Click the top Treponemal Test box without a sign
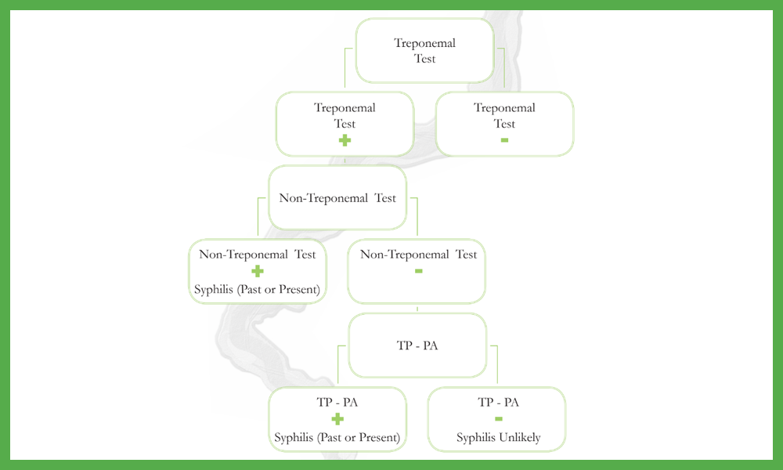point(424,50)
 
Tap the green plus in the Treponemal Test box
point(345,140)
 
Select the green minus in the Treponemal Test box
point(504,140)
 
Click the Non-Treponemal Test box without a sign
point(337,197)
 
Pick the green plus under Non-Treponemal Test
point(257,271)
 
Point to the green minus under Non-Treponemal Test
point(418,271)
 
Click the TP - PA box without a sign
point(417,345)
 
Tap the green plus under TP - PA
point(337,419)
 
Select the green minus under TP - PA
point(498,419)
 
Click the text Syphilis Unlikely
point(498,438)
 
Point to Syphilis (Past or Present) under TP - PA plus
point(337,438)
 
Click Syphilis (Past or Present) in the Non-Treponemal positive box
point(257,290)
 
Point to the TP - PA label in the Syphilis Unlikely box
point(498,402)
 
